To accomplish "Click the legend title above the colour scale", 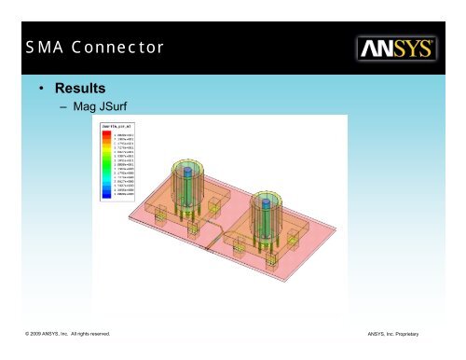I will (x=118, y=127).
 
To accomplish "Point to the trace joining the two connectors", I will (x=219, y=228).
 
